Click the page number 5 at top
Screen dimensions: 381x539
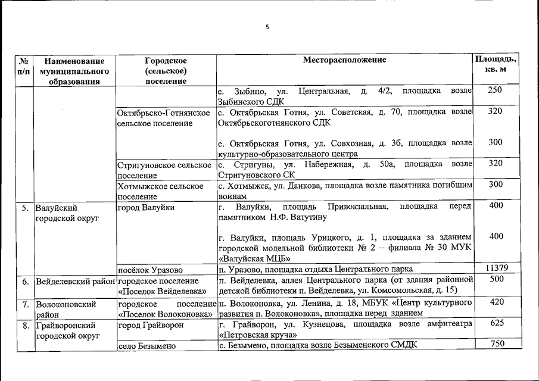[267, 27]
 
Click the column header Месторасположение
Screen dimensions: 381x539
[344, 60]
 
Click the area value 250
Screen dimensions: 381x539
[495, 90]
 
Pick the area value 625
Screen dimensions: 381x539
[495, 323]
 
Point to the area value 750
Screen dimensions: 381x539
[495, 344]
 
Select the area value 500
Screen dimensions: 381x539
[495, 279]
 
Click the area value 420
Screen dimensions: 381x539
[495, 302]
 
